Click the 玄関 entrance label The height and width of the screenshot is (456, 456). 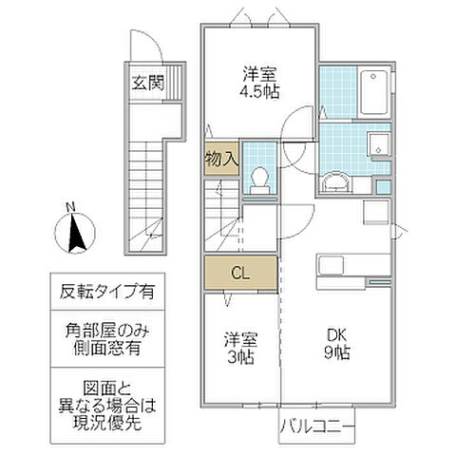pos(147,84)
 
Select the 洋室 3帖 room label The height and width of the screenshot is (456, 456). pos(239,347)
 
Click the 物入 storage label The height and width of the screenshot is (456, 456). pos(220,159)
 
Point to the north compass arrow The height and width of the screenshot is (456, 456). pos(71,232)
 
